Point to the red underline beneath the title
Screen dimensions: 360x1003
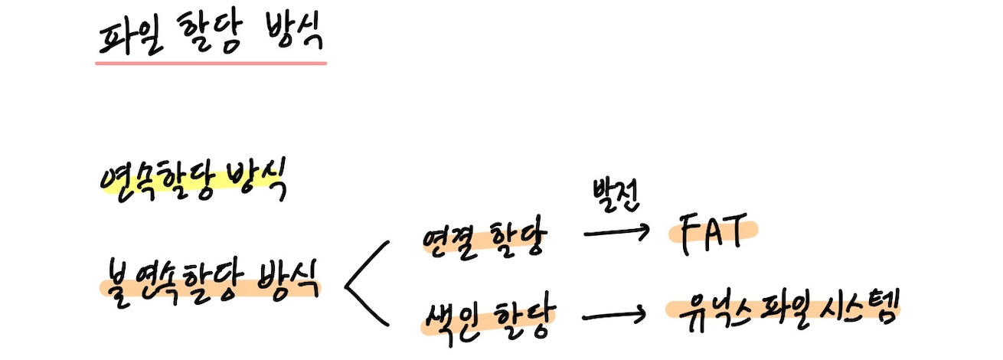[211, 62]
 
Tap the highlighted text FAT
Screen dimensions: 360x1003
[711, 231]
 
